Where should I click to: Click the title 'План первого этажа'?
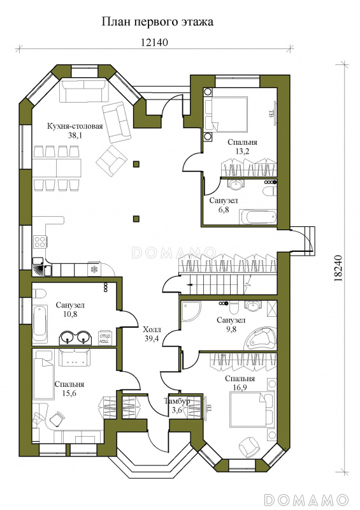click(158, 23)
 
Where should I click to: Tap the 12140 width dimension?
click(154, 42)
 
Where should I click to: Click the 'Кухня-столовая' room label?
click(75, 126)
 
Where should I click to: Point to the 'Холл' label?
click(152, 330)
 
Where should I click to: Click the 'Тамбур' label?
click(177, 401)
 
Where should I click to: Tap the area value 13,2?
click(242, 151)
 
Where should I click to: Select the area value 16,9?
click(240, 387)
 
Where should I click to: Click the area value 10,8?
click(70, 314)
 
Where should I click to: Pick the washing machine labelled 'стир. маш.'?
click(105, 338)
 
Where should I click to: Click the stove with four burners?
click(40, 242)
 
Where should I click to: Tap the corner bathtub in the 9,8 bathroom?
click(261, 338)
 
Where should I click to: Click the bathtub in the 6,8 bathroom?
click(258, 217)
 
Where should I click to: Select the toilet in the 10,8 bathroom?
click(38, 294)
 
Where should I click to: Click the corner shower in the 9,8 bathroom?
click(191, 311)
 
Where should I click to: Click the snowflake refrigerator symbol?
click(94, 269)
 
